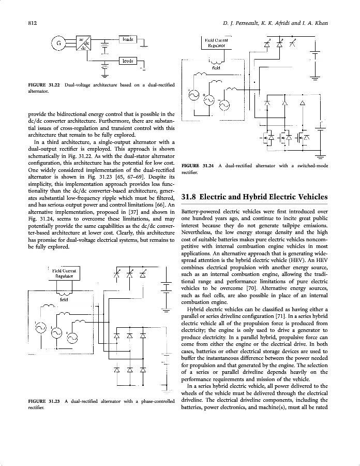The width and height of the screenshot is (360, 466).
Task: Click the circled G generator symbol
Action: pyautogui.click(x=59, y=43)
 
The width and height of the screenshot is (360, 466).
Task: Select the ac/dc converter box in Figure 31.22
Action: pyautogui.click(x=83, y=43)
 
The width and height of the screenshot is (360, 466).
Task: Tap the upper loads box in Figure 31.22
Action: pyautogui.click(x=127, y=39)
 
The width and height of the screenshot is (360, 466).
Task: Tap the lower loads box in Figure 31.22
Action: pyautogui.click(x=127, y=61)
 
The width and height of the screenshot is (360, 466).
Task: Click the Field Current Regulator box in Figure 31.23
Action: pyautogui.click(x=65, y=273)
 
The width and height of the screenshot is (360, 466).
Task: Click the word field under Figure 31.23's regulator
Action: pyautogui.click(x=64, y=299)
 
